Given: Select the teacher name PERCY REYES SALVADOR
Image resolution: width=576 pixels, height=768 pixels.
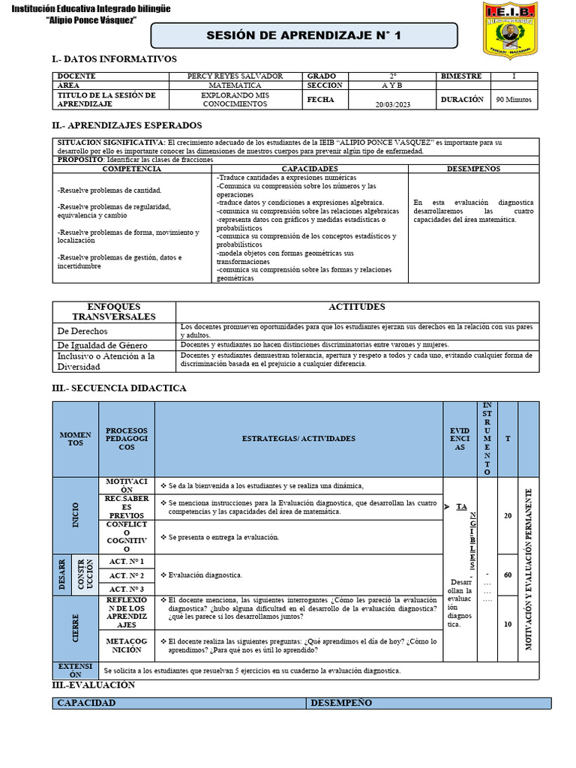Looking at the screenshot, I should (x=235, y=76).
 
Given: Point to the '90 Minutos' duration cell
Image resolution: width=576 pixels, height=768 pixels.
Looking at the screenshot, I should (x=514, y=99).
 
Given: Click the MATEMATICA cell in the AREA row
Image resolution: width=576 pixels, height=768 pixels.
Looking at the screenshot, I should (x=235, y=85).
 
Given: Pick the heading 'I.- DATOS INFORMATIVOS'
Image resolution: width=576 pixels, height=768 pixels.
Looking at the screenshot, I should (x=114, y=58).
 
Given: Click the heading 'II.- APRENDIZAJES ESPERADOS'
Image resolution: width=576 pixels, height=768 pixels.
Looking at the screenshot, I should (x=127, y=125).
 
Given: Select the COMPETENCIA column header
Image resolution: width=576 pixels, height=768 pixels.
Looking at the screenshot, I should (x=132, y=169).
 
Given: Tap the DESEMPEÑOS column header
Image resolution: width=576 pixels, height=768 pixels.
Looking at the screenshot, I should (x=472, y=169).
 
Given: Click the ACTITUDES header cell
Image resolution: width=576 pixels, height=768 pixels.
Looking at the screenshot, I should (x=357, y=307).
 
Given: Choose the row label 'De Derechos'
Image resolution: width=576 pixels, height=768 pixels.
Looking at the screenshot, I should (x=82, y=331).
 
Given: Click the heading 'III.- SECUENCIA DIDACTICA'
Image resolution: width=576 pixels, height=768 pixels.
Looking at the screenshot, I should (x=118, y=388).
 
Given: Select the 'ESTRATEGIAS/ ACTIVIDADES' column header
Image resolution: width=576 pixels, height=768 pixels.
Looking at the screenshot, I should (x=298, y=438).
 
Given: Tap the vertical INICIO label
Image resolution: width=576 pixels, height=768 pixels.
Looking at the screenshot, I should (x=75, y=515).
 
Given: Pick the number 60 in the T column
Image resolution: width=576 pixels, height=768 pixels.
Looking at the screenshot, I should (x=508, y=575).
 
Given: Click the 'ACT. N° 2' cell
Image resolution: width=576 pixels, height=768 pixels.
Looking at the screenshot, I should (x=126, y=575).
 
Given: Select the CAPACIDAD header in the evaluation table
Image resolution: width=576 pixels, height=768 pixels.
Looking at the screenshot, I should (x=87, y=703).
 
